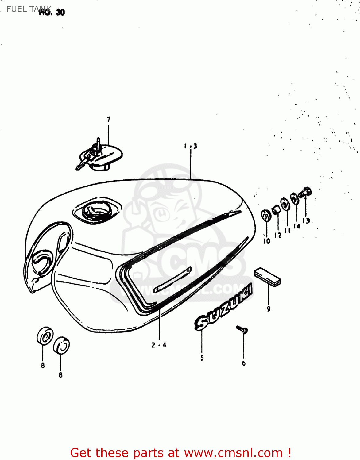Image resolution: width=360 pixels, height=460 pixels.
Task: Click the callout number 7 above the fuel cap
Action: click(x=108, y=119)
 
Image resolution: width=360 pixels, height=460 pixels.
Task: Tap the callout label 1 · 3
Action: click(x=191, y=146)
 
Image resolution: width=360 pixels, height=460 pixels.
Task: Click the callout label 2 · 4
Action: click(x=159, y=345)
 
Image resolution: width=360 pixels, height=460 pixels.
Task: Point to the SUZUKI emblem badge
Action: click(x=223, y=307)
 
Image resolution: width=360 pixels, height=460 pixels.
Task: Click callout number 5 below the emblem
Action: click(x=202, y=358)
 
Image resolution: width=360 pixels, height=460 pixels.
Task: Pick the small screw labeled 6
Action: click(x=243, y=330)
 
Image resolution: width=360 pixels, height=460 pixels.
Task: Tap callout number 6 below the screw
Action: click(x=244, y=363)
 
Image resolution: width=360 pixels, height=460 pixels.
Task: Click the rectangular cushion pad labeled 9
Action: click(x=267, y=277)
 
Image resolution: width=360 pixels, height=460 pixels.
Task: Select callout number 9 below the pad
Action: click(x=269, y=309)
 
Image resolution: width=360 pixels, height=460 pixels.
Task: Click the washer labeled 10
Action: click(x=266, y=215)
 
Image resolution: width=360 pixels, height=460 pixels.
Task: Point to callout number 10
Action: click(x=266, y=241)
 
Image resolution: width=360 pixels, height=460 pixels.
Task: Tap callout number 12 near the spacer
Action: click(x=278, y=235)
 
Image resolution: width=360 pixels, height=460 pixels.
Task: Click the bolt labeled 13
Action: click(x=306, y=193)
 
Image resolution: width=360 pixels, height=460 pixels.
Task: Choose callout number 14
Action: click(x=296, y=226)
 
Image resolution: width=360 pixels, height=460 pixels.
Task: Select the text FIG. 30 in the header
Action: click(x=52, y=12)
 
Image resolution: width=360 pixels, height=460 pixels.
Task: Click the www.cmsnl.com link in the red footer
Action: click(x=233, y=453)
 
